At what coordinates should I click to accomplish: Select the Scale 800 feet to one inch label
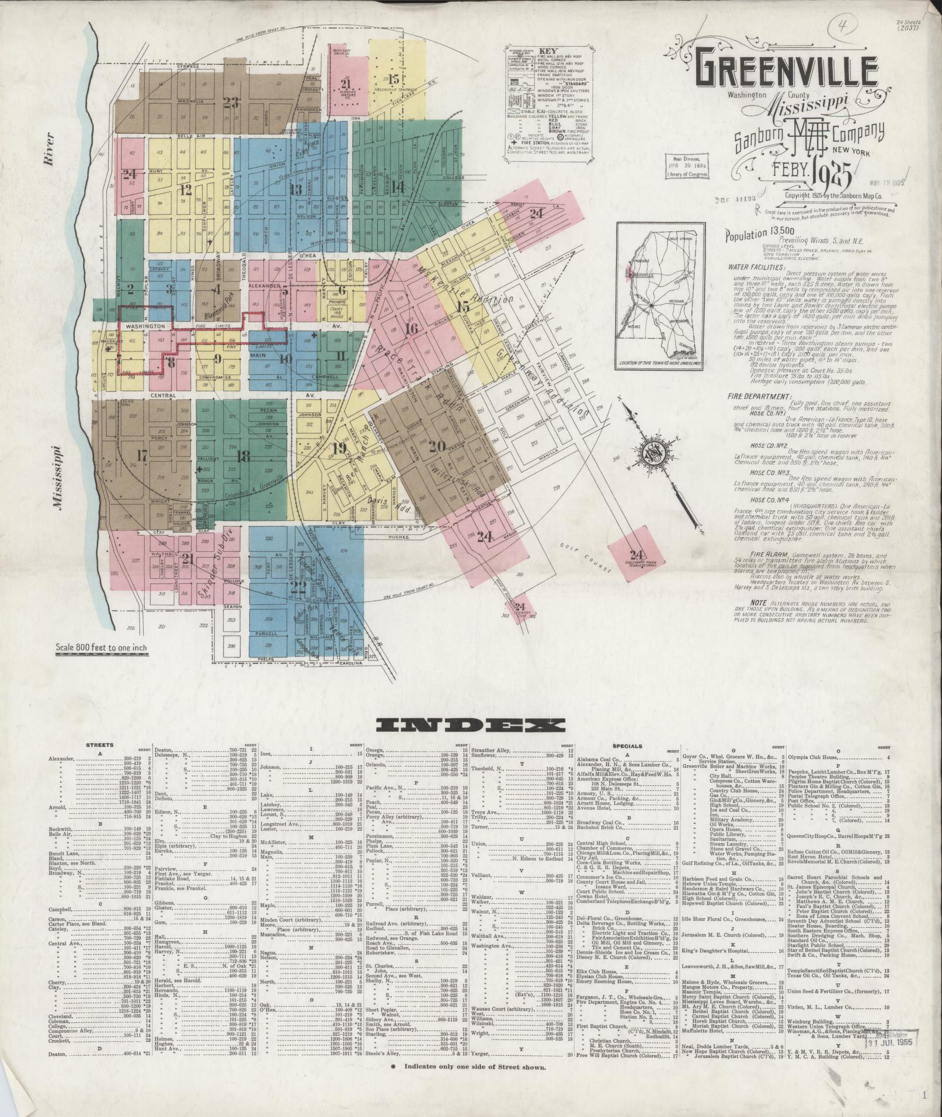point(102,648)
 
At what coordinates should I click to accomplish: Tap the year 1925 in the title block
point(834,175)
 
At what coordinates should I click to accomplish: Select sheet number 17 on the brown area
point(142,455)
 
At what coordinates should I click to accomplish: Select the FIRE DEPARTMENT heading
point(750,396)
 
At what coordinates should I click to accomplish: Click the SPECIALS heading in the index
point(627,746)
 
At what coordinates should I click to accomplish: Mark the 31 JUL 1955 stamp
point(898,1041)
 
